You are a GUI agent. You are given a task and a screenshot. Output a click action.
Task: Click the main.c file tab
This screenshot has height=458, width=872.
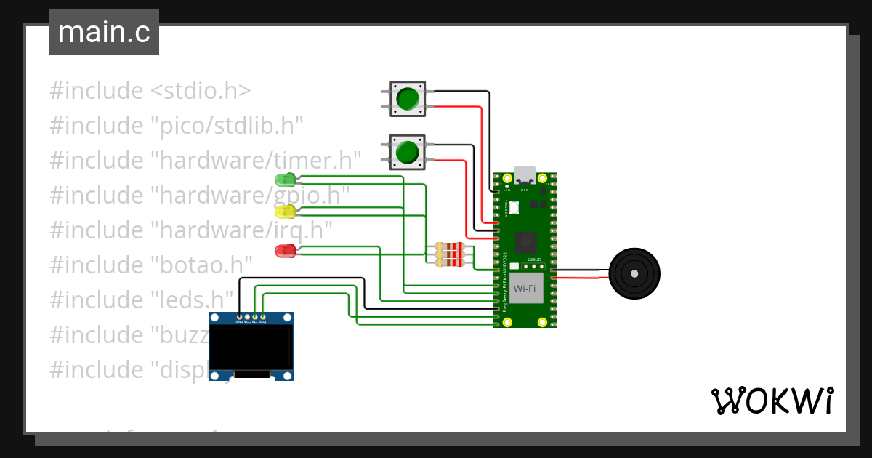104,32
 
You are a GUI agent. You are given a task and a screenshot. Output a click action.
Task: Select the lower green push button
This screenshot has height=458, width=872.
407,152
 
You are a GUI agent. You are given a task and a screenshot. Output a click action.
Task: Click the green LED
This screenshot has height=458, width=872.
285,179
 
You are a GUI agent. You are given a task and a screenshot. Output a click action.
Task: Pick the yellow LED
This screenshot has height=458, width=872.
285,212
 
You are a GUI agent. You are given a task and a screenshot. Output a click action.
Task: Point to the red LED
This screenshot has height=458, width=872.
285,251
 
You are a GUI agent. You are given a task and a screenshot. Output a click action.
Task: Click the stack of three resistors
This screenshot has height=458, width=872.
449,254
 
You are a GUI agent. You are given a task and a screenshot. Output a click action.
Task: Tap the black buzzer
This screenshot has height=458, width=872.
634,274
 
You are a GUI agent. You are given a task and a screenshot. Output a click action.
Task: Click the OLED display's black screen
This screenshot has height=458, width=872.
251,347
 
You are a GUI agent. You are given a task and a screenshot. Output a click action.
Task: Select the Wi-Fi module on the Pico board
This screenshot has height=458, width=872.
525,289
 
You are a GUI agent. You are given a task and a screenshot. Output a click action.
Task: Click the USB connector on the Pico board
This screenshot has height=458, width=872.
525,175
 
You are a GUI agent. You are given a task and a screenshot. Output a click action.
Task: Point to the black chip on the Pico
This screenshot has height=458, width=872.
525,242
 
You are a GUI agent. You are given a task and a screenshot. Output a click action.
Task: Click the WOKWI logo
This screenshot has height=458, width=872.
772,401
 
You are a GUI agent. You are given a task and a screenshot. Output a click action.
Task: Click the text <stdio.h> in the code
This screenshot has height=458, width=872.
201,91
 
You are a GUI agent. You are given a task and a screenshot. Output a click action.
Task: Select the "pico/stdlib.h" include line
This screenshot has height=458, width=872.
176,126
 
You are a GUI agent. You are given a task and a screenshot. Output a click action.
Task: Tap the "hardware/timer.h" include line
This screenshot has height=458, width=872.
206,160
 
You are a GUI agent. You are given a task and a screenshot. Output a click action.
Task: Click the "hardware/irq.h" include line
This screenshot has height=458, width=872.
191,230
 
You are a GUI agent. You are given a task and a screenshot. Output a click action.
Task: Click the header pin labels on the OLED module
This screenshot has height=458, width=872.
251,321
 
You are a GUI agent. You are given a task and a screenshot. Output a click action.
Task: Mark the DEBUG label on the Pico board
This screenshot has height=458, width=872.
534,260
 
